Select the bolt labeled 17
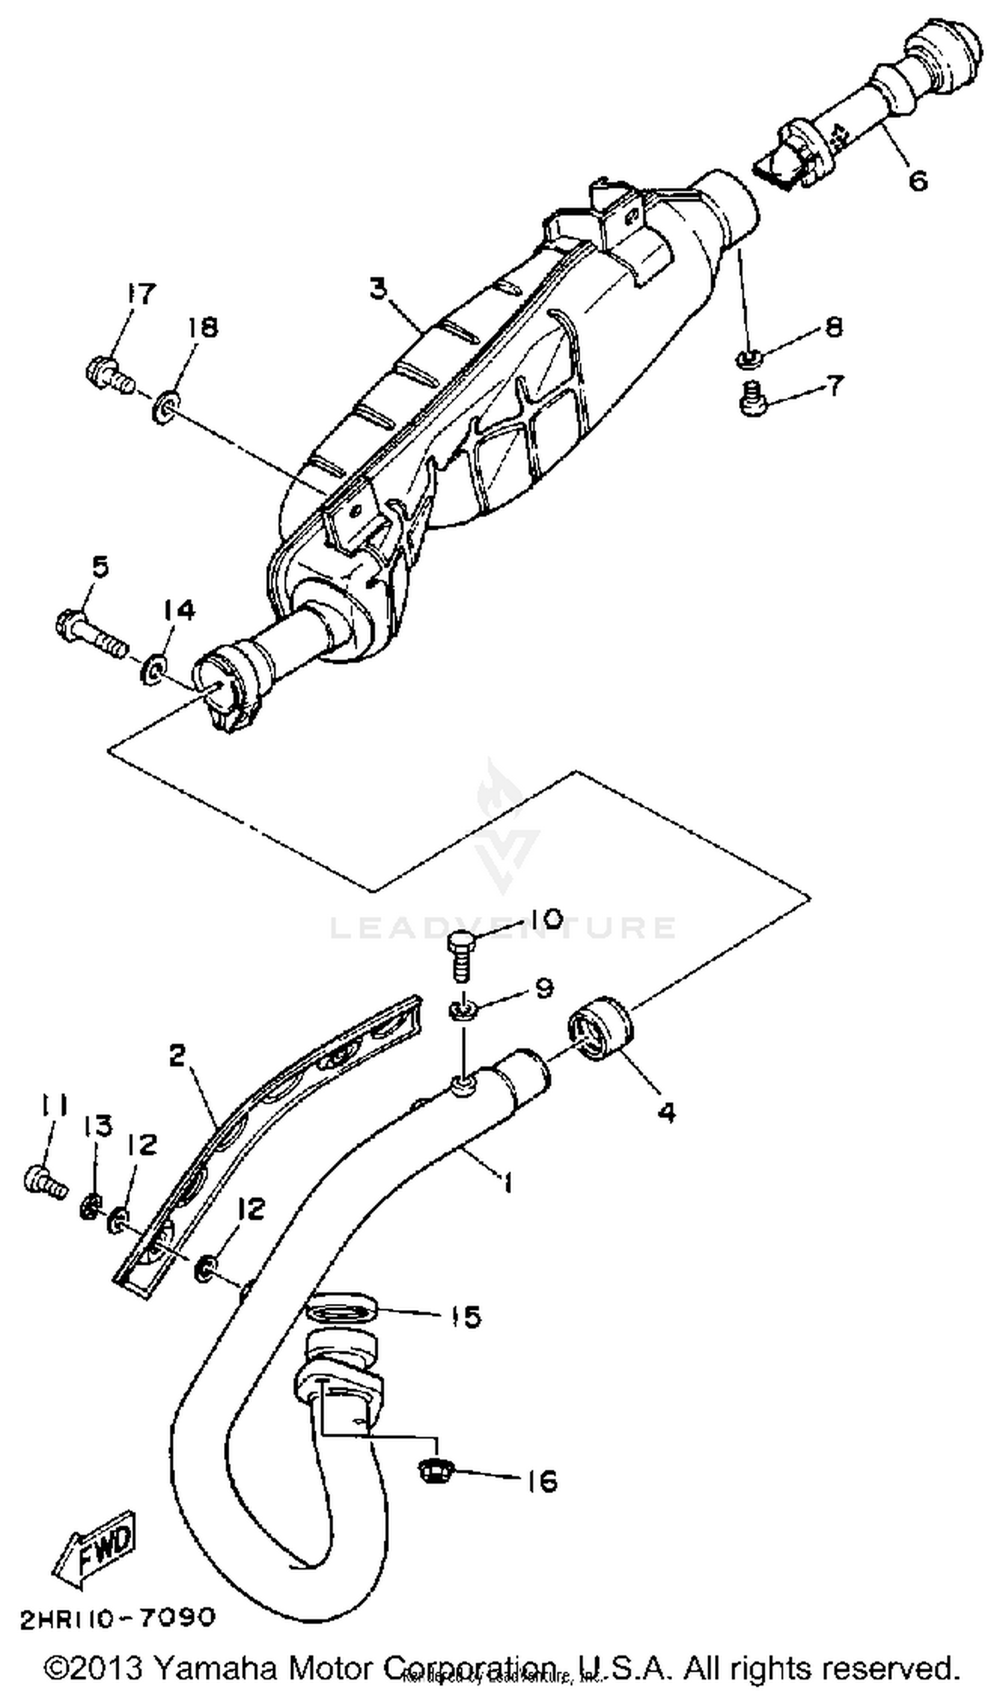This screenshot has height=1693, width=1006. [109, 374]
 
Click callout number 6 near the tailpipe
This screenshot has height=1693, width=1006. [917, 180]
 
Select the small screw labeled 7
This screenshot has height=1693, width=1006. [751, 400]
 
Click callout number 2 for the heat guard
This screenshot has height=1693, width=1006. [177, 1055]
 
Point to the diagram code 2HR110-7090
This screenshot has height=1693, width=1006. [118, 1619]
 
